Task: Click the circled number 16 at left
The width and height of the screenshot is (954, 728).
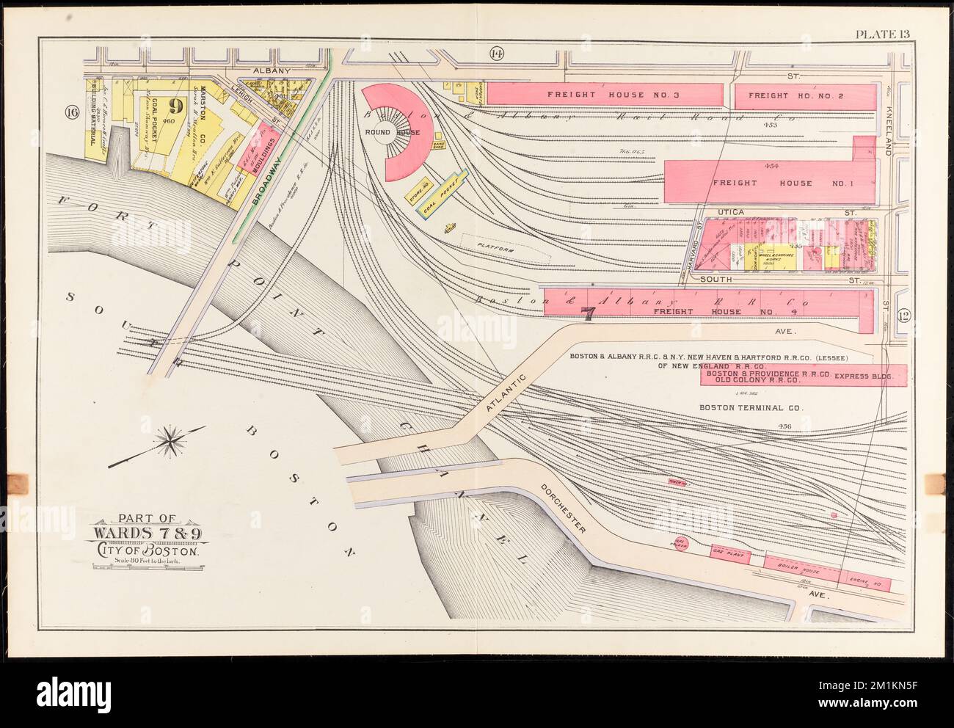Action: coord(71,112)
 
